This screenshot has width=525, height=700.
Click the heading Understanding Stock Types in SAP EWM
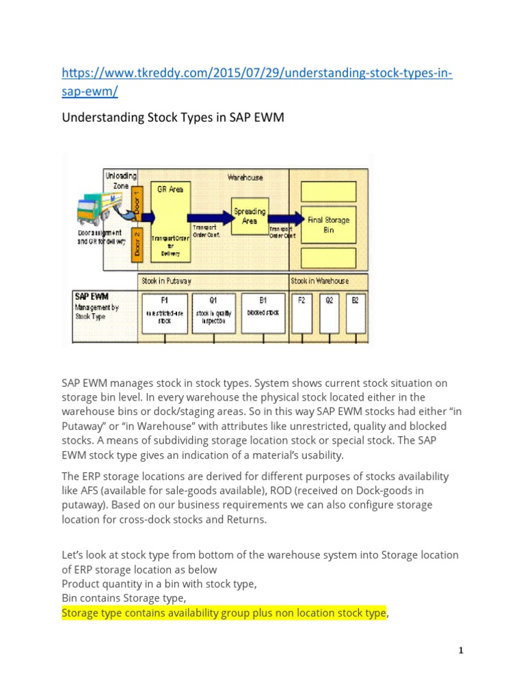coord(172,118)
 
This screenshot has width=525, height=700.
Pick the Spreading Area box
coord(250,215)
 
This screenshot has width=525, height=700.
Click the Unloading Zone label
coord(120,180)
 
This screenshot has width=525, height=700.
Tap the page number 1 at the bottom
coord(461,650)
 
